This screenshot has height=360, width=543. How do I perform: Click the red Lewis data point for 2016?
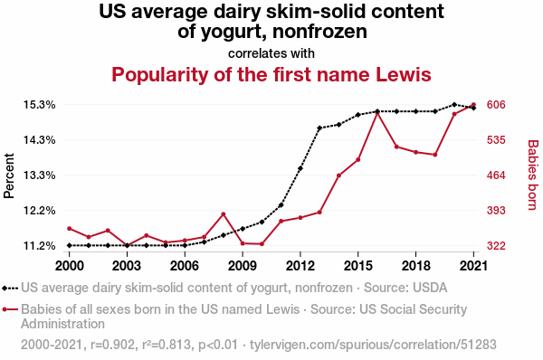[377, 112]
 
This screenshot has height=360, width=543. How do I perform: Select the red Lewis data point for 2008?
[224, 214]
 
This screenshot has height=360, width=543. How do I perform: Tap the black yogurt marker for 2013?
[319, 128]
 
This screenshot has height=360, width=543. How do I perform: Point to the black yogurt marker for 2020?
[454, 105]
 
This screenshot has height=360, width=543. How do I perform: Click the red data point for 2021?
[473, 105]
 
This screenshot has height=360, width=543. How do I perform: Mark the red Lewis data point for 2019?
[435, 155]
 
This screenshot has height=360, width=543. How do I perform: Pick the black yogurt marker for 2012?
[300, 168]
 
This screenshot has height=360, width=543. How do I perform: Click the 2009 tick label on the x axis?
[243, 266]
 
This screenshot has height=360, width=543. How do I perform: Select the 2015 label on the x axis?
[358, 266]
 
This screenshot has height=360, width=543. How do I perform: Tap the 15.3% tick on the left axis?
[40, 105]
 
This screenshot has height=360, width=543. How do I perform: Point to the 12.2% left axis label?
[40, 211]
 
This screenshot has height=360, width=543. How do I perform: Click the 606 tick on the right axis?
[496, 105]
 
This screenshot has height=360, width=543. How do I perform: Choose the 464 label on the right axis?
[496, 175]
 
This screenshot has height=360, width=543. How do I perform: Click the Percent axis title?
[9, 175]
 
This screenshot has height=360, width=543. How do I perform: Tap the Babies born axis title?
[533, 175]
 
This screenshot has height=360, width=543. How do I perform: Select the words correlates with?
[271, 53]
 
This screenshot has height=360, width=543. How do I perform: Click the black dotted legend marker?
[10, 288]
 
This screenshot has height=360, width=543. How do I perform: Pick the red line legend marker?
[10, 309]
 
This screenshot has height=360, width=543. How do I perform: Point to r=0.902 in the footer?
[112, 345]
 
